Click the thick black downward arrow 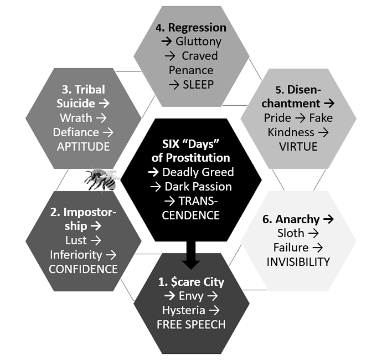point(191,255)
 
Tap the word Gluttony point(199,42)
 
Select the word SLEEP point(198,85)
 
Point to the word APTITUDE point(83,147)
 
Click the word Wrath point(76,118)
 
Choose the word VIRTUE point(298,147)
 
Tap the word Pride point(277,118)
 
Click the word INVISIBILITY point(298,262)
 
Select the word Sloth point(291,233)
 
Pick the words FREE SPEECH point(191,325)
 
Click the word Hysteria point(184,311)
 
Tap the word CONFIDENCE point(83,269)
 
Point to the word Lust point(76,240)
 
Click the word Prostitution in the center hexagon point(197,158)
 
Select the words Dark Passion point(198,187)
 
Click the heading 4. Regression point(191,28)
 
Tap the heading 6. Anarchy point(291,219)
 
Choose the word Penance point(191,70)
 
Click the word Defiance point(76,132)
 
